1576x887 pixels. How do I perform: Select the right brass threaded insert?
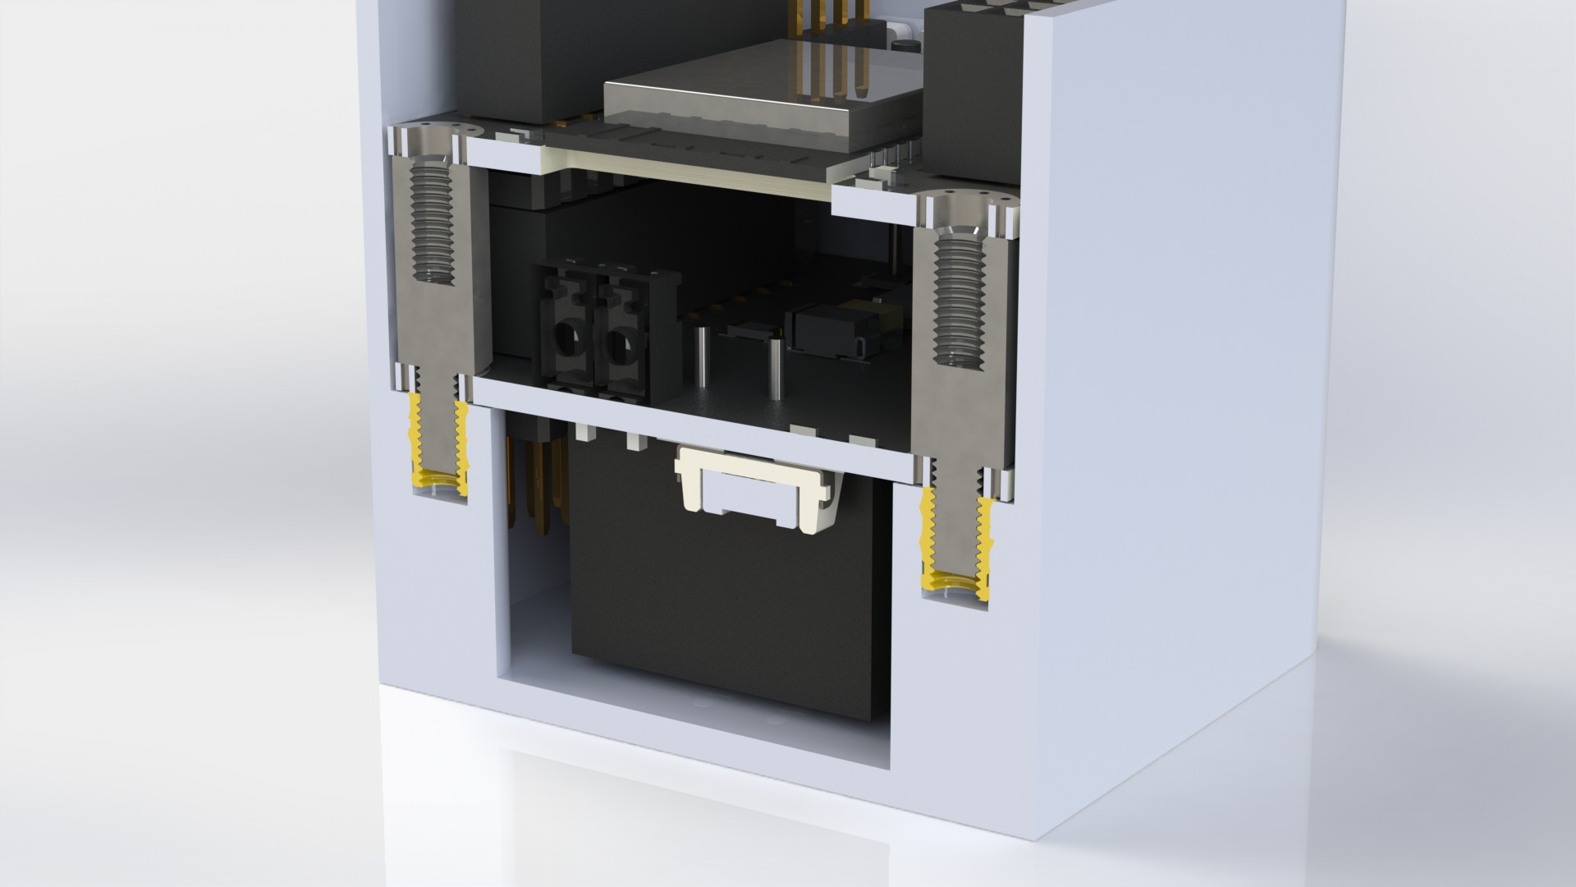pyautogui.click(x=955, y=546)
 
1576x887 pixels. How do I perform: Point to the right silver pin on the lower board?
pyautogui.click(x=774, y=365)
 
